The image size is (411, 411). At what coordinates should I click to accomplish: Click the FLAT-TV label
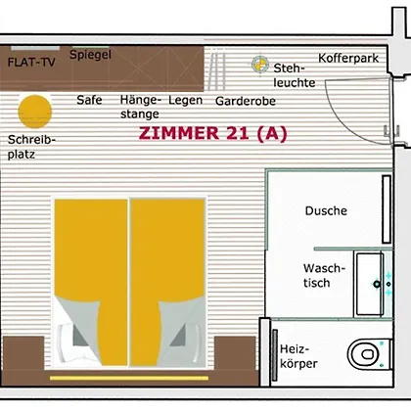click(x=31, y=62)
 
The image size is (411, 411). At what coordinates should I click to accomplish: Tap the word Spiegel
click(x=90, y=55)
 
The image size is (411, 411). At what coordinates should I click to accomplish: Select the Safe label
click(x=89, y=100)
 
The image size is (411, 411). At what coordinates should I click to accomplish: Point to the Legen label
click(x=185, y=100)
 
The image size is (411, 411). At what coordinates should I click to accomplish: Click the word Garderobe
click(x=246, y=101)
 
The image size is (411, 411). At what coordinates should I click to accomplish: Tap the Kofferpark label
click(x=348, y=59)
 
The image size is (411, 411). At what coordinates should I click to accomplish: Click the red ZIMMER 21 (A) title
click(x=212, y=133)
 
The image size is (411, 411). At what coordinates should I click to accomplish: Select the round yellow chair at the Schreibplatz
click(x=35, y=112)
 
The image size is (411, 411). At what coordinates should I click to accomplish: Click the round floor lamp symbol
click(x=260, y=65)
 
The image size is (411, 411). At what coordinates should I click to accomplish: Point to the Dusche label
click(x=326, y=210)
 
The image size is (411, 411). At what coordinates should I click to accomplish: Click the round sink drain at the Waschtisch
click(x=377, y=284)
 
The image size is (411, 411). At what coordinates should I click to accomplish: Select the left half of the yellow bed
click(x=91, y=282)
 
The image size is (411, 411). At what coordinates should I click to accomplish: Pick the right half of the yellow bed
click(x=167, y=282)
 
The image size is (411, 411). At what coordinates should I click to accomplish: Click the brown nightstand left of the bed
click(x=23, y=353)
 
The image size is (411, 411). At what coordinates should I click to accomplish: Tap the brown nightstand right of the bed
click(x=235, y=353)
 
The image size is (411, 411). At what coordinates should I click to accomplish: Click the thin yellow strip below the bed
click(x=129, y=378)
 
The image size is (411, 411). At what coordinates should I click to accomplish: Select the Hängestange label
click(x=140, y=107)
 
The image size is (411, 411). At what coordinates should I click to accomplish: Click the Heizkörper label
click(x=298, y=356)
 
